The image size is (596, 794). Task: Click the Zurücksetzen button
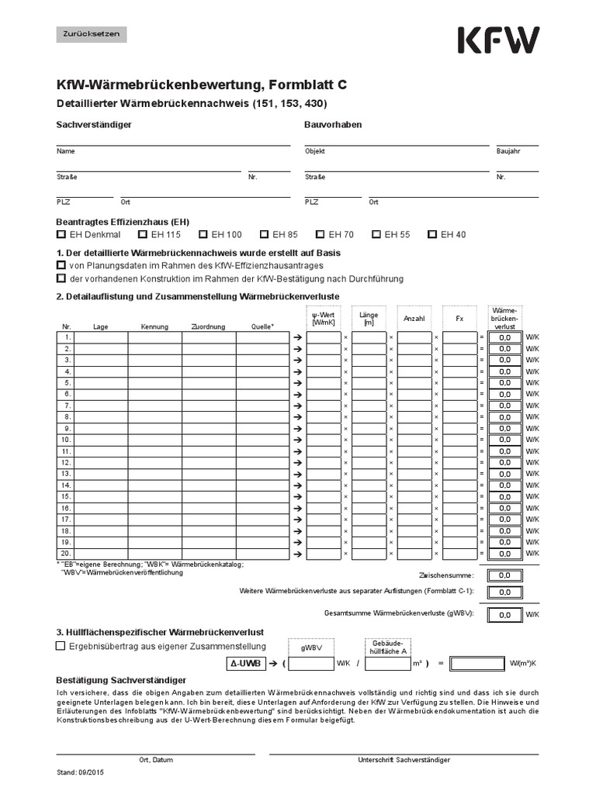tap(92, 34)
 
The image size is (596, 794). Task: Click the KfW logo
tap(498, 40)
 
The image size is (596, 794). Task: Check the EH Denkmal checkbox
tap(61, 234)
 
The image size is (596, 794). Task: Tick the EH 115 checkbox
tap(143, 234)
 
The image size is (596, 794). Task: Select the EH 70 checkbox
tap(321, 234)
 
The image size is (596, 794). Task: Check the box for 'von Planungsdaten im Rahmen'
tap(61, 266)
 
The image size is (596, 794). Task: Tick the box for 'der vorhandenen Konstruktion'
tap(61, 279)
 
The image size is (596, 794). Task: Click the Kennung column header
tap(154, 326)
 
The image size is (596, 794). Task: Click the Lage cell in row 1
tap(101, 337)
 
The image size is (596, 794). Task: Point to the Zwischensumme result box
tap(504, 575)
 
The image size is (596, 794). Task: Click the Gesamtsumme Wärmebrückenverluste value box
tap(504, 615)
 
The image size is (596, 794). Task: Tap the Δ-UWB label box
tap(245, 664)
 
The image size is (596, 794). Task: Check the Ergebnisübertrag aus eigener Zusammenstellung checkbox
tap(61, 646)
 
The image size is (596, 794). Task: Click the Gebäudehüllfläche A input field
tap(386, 664)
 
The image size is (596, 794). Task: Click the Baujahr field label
tap(508, 151)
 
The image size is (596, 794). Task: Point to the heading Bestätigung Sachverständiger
tap(120, 679)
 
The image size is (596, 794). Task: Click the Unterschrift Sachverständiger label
tap(404, 760)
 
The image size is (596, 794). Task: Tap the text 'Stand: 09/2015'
tap(78, 773)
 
